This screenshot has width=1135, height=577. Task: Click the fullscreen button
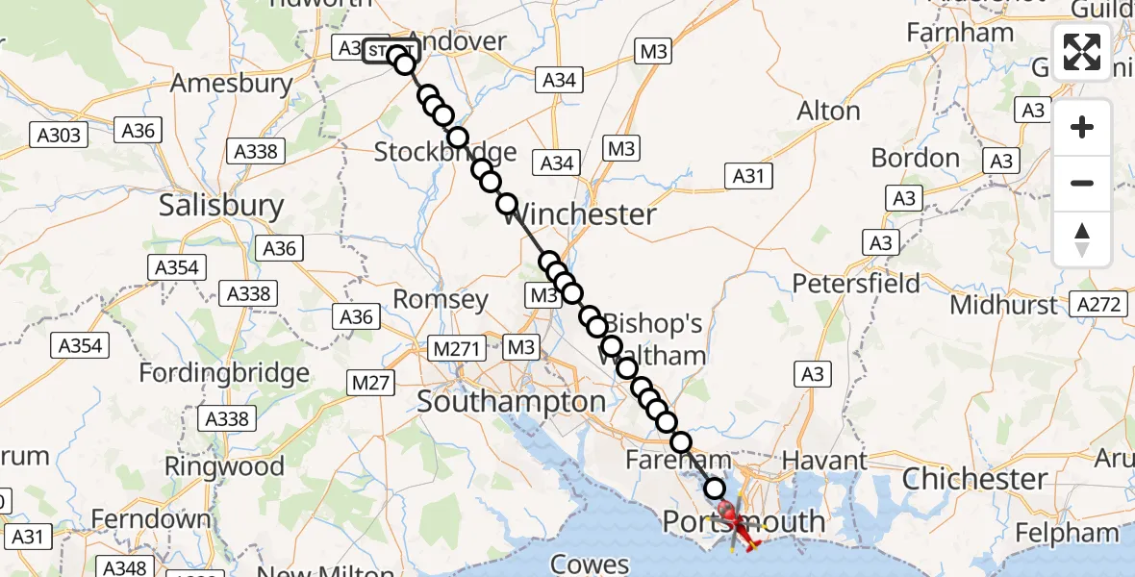click(1082, 52)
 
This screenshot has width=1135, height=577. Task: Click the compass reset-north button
click(1082, 239)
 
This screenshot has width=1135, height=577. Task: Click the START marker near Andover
click(391, 50)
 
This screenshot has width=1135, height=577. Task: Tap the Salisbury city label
click(221, 206)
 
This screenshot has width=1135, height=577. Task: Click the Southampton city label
click(511, 402)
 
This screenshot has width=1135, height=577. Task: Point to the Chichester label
click(974, 478)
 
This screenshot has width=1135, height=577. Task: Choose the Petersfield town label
click(856, 284)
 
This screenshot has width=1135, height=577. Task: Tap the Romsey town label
click(441, 300)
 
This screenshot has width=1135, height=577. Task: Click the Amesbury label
click(231, 83)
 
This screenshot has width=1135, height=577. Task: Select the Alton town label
click(828, 112)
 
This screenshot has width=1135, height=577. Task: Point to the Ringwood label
click(224, 467)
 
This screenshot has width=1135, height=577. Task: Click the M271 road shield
click(457, 348)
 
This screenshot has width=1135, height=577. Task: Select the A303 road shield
click(60, 136)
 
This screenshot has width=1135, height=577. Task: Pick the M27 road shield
click(370, 384)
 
